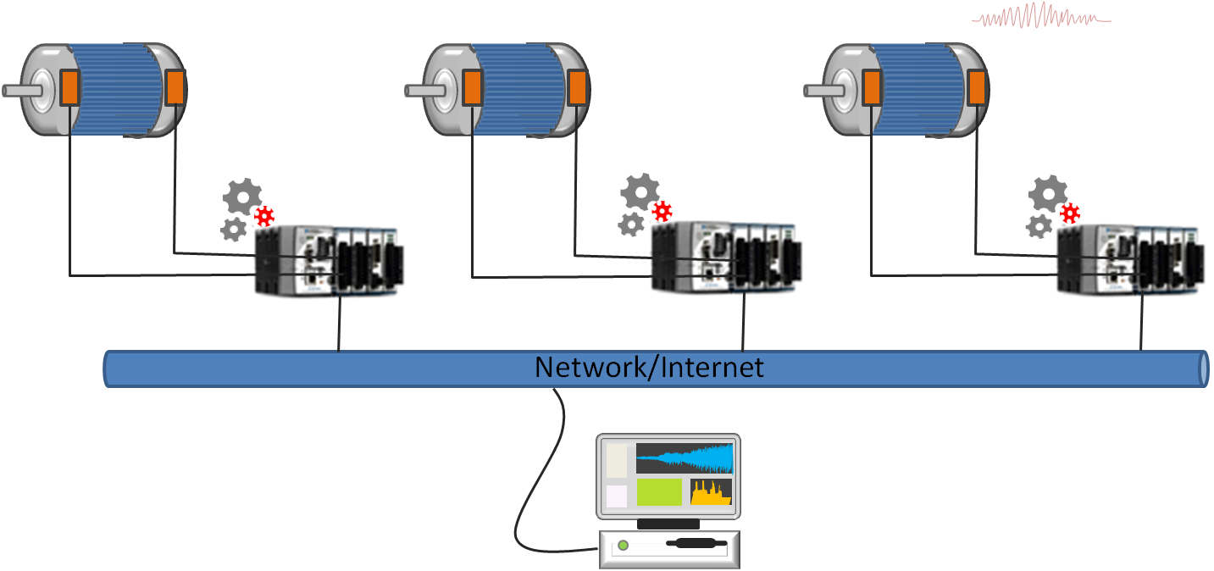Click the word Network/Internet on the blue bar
[x=649, y=368]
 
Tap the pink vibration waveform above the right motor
[x=1040, y=17]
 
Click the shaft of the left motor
[x=19, y=90]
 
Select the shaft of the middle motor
[x=422, y=89]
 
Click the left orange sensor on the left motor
[x=69, y=88]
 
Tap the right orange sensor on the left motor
[x=175, y=88]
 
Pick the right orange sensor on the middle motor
[x=577, y=88]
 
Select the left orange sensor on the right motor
[x=872, y=88]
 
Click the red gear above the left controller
[x=265, y=216]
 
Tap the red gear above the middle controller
[x=662, y=211]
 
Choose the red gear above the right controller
[x=1071, y=212]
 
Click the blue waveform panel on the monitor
[x=685, y=458]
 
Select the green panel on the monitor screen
[x=659, y=492]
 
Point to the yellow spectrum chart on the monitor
[x=711, y=492]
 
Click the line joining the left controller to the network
[x=340, y=329]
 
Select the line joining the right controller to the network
[x=1140, y=329]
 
